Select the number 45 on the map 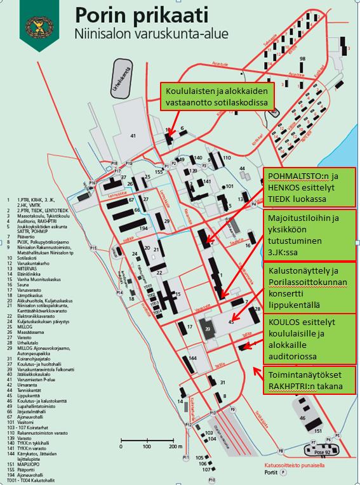[231, 322]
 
